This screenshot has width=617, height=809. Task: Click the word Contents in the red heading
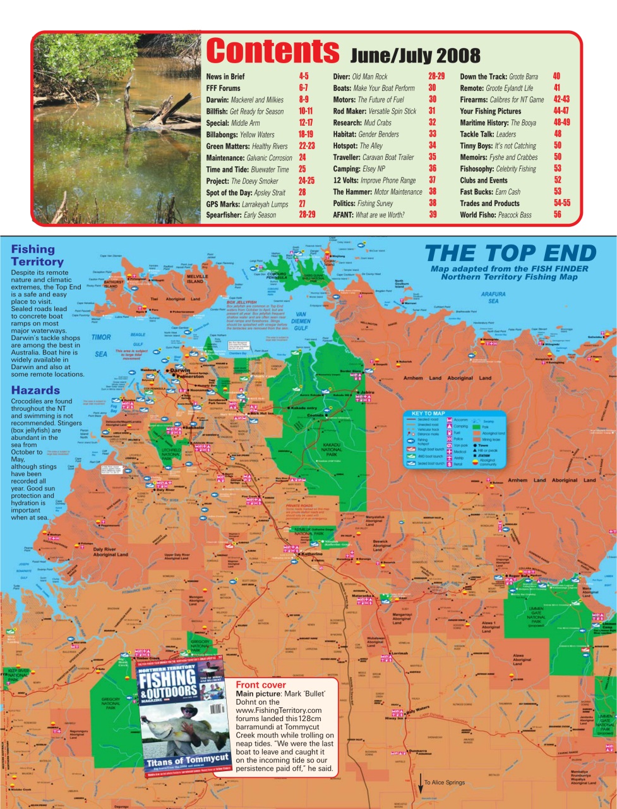(272, 51)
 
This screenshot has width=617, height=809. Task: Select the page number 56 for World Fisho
(557, 215)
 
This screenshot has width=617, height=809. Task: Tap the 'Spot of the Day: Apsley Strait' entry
(246, 192)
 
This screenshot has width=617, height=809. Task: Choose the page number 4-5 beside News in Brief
(304, 76)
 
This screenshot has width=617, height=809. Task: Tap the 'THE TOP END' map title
(510, 253)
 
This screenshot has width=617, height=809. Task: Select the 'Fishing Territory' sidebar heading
(37, 255)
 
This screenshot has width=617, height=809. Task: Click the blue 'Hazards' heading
(35, 391)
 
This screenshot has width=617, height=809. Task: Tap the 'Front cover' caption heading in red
(260, 685)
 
